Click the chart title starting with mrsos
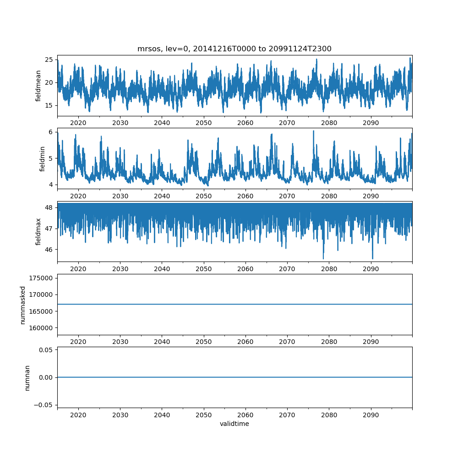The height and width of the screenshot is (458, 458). pyautogui.click(x=234, y=49)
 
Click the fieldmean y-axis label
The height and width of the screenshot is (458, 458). pyautogui.click(x=38, y=86)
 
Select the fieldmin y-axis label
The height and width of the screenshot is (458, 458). pyautogui.click(x=42, y=159)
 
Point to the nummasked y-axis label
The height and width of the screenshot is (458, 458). pyautogui.click(x=22, y=305)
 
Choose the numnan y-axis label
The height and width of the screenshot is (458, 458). pyautogui.click(x=27, y=378)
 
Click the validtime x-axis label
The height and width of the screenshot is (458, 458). pyautogui.click(x=234, y=424)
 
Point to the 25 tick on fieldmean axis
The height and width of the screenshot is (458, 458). pyautogui.click(x=49, y=60)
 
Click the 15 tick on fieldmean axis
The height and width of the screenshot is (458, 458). pyautogui.click(x=49, y=105)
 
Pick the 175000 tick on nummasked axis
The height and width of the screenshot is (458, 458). pyautogui.click(x=42, y=278)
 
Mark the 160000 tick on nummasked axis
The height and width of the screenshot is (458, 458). pyautogui.click(x=42, y=328)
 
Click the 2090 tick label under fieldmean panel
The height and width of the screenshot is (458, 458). pyautogui.click(x=371, y=123)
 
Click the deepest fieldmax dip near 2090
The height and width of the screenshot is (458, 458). pyautogui.click(x=372, y=259)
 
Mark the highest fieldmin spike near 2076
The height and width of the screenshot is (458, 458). pyautogui.click(x=314, y=131)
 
